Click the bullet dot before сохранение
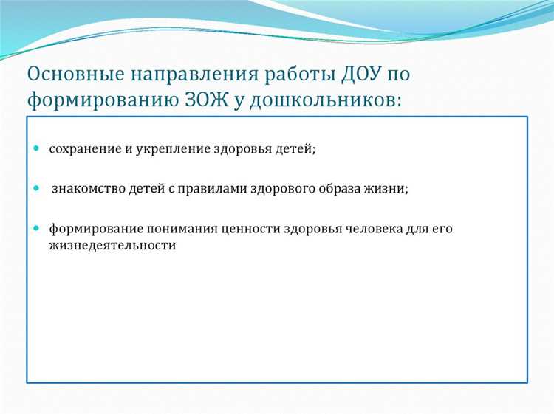pos(36,148)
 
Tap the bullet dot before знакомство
pos(36,188)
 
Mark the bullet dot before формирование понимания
pos(36,229)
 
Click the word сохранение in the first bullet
pos(83,149)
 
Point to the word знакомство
pos(86,189)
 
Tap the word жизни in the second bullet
pos(389,189)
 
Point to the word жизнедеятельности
pos(112,246)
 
